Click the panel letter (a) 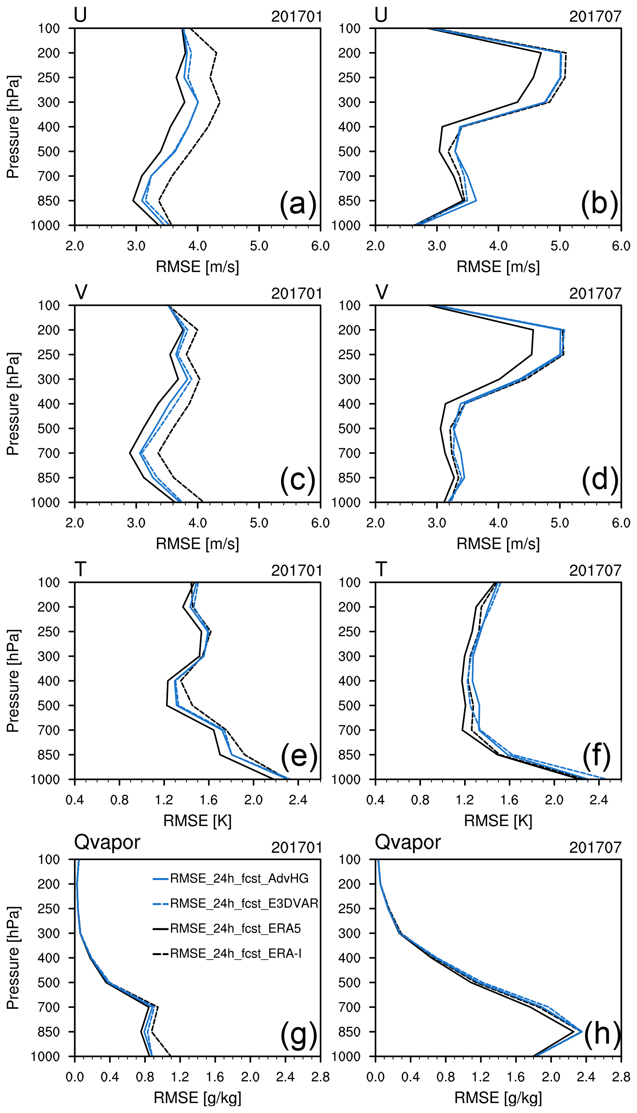pyautogui.click(x=298, y=204)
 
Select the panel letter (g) pyautogui.click(x=298, y=1035)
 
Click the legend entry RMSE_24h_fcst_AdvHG pyautogui.click(x=239, y=878)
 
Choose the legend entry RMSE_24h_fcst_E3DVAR pyautogui.click(x=244, y=903)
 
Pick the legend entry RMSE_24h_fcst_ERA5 pyautogui.click(x=235, y=928)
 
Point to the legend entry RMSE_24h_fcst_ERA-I pyautogui.click(x=235, y=953)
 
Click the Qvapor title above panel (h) pyautogui.click(x=408, y=842)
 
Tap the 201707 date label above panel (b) pyautogui.click(x=595, y=17)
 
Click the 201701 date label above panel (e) pyautogui.click(x=296, y=570)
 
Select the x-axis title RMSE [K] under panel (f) pyautogui.click(x=498, y=820)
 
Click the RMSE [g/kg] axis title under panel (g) pyautogui.click(x=197, y=1098)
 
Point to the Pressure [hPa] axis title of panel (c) pyautogui.click(x=13, y=404)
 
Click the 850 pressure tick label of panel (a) pyautogui.click(x=49, y=201)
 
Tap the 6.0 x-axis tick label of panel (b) pyautogui.click(x=621, y=245)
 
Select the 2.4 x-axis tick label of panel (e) pyautogui.click(x=298, y=800)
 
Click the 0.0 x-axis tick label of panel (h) pyautogui.click(x=375, y=1077)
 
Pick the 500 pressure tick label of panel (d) pyautogui.click(x=349, y=429)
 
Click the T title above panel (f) pyautogui.click(x=381, y=569)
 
